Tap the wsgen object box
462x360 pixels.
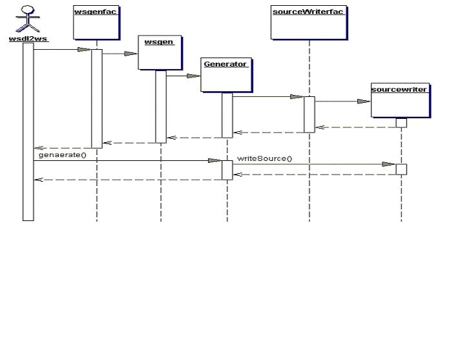(x=160, y=52)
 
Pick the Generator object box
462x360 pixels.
(x=226, y=74)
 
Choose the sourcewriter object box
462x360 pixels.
(x=400, y=100)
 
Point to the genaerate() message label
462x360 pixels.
(x=62, y=155)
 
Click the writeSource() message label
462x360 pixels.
(x=264, y=158)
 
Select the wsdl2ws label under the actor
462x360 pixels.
(x=28, y=39)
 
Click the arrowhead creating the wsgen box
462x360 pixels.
(x=131, y=54)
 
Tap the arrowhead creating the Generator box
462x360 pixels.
(x=193, y=76)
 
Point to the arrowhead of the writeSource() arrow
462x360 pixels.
(x=389, y=164)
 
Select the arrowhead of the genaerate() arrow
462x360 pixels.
(x=215, y=160)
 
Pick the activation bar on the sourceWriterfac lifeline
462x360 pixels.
(x=310, y=114)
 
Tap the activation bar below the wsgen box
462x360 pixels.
(x=161, y=106)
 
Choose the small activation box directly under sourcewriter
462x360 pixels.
(x=401, y=123)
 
